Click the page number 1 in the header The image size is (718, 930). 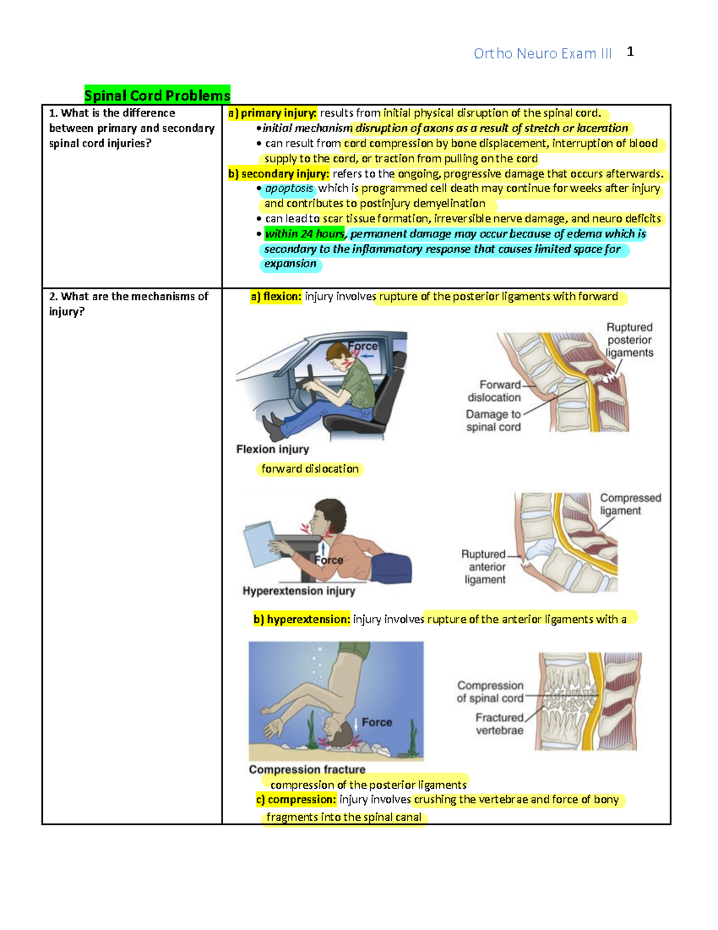coord(630,52)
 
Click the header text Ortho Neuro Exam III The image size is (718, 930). coord(542,54)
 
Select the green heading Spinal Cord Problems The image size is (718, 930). coord(157,95)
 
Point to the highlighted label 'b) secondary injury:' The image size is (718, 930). coord(279,174)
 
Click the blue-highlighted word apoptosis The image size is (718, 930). coord(289,189)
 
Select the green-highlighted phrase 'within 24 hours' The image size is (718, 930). coord(305,234)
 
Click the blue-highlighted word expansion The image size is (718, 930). coord(290,264)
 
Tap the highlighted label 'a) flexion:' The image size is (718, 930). coord(276,296)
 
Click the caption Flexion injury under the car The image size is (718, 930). coord(272,449)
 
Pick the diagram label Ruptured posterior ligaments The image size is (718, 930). coord(629,340)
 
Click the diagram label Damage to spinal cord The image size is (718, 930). coord(494,420)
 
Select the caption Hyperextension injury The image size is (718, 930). coord(299,591)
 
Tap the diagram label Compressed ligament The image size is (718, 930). coord(630,504)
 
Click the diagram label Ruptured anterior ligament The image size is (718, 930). coord(484,567)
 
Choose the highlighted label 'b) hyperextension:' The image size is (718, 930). coord(302,619)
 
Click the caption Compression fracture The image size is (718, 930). coord(307,770)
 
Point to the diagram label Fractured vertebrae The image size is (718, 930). coord(500,724)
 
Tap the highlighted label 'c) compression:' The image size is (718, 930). coord(296,800)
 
